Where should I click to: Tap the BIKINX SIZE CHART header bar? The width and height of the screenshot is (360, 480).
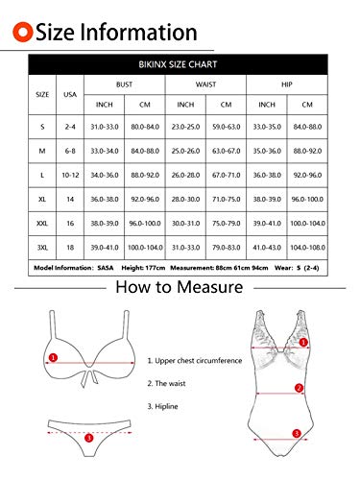[180, 65]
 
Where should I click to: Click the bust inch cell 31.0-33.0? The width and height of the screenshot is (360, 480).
[105, 126]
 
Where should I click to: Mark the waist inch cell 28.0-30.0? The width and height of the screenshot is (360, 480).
[185, 199]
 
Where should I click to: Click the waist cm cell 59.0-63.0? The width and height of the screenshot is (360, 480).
[226, 126]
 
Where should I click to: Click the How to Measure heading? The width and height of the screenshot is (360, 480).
[179, 287]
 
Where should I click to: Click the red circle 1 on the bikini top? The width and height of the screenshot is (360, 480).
[54, 357]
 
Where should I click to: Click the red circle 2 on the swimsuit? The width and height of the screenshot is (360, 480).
[300, 388]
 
